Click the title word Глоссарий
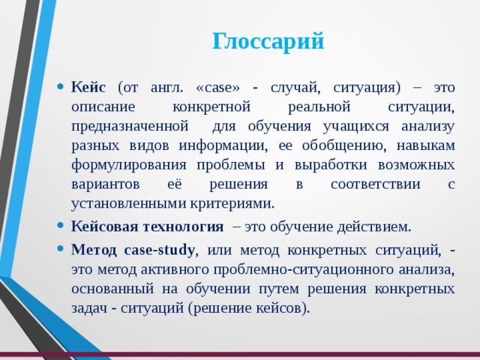point(268,41)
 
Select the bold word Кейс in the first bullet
point(88,87)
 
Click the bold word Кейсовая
point(103,226)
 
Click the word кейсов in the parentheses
point(279,307)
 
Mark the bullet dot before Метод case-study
point(60,249)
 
